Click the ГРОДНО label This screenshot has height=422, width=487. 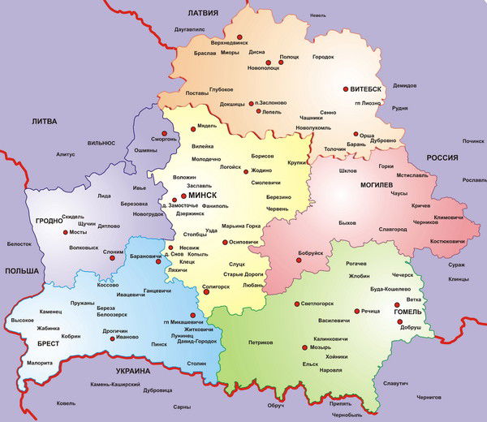coord(48,221)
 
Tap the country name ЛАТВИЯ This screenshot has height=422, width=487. coord(204,14)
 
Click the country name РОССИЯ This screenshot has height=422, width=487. coord(443,158)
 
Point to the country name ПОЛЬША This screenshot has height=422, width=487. coord(20,270)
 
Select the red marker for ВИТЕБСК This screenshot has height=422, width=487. coord(345,88)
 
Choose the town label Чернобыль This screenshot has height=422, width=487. coord(347,415)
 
